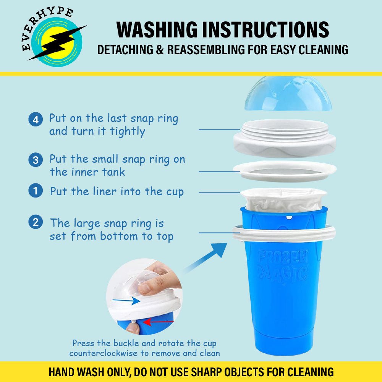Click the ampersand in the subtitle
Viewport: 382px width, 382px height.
(160, 49)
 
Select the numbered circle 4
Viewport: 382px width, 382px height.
(36, 119)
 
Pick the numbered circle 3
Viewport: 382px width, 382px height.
(36, 160)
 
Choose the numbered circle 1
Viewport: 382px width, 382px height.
(36, 191)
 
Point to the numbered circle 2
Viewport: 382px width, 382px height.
(36, 222)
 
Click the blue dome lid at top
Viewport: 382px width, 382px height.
(288, 94)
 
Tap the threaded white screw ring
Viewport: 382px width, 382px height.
(285, 138)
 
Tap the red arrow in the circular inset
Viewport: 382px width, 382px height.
(159, 322)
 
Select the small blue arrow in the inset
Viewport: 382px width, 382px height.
(126, 301)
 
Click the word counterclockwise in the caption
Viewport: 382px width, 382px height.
(103, 353)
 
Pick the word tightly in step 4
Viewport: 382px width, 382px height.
(128, 131)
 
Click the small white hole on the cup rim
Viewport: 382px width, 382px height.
(289, 217)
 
